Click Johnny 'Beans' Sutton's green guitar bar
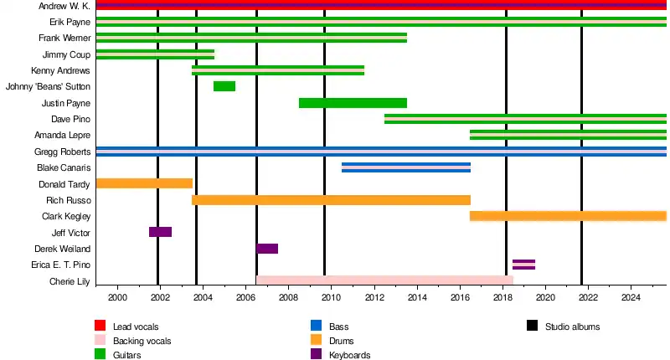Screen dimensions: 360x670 click(224, 86)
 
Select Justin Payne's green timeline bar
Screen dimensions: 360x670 click(353, 103)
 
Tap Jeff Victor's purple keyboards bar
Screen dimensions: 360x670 click(160, 232)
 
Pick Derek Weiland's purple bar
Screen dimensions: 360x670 click(267, 249)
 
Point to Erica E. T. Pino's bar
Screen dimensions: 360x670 click(523, 265)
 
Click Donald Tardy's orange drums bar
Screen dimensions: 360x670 click(144, 183)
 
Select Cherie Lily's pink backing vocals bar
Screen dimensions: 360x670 click(384, 280)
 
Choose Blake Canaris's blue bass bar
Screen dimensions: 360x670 click(406, 167)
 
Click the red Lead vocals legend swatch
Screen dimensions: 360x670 click(100, 326)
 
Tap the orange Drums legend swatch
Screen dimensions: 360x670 click(317, 341)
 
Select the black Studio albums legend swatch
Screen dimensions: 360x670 click(533, 326)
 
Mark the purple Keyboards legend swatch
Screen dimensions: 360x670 click(317, 355)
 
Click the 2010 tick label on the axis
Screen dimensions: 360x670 click(332, 297)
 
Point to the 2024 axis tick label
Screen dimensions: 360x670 click(631, 297)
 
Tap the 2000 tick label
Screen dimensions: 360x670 click(117, 297)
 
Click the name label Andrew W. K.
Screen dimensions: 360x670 click(64, 6)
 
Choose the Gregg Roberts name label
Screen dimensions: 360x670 click(62, 152)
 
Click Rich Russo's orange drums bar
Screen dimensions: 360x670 click(331, 200)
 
